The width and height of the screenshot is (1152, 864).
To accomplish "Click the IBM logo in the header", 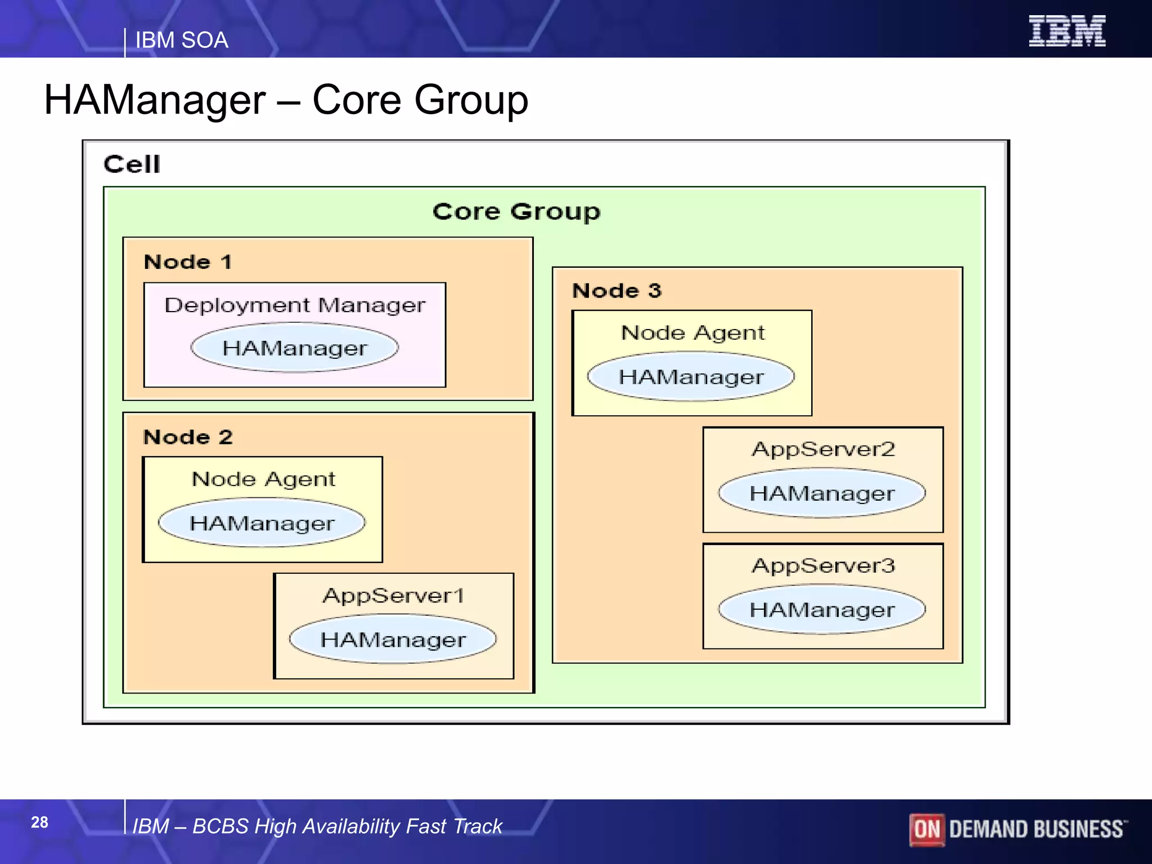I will (1066, 31).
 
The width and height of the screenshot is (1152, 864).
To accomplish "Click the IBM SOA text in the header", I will (182, 40).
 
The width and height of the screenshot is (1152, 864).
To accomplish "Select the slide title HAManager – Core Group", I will (286, 100).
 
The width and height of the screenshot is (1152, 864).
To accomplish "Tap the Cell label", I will (132, 165).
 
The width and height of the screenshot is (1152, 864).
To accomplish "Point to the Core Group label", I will (516, 212).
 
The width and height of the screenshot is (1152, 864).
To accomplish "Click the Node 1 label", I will (187, 262).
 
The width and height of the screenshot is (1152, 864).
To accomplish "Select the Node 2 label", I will (187, 437).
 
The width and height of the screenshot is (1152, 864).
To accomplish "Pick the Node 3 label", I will (616, 291).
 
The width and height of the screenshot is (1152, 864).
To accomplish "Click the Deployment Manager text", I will (295, 305).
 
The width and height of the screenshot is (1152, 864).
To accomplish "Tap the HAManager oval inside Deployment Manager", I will (295, 348).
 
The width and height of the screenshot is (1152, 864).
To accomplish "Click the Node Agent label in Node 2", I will (263, 479).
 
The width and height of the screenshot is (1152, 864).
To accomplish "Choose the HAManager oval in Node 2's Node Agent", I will (262, 523).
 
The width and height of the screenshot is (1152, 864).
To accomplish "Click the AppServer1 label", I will (393, 596).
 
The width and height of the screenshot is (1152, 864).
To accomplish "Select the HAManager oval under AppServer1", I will (393, 639).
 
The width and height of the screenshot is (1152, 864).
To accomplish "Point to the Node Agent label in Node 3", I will (692, 333).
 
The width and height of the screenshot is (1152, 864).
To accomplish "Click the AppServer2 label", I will (823, 449).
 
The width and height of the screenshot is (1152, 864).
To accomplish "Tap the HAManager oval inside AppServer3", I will (822, 610).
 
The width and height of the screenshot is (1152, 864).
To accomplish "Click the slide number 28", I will (39, 822).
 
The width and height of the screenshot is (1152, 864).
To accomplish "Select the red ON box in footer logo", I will (926, 829).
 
